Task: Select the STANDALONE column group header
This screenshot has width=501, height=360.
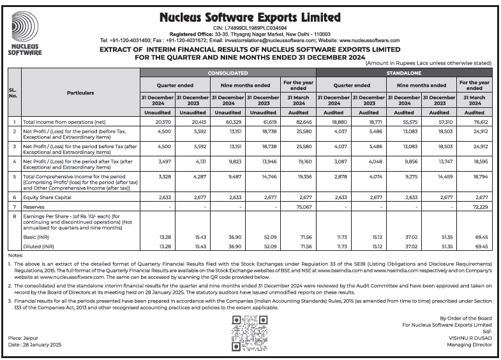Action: pos(403,74)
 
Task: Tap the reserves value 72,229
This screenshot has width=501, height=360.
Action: pos(480,207)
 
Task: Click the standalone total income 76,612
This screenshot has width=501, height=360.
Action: pos(480,121)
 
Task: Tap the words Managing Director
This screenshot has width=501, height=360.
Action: pos(469,345)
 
